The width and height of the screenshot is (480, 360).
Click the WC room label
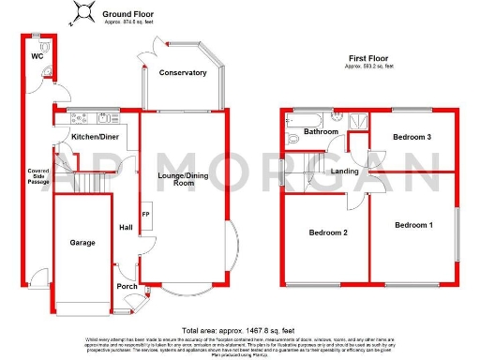pos(37,56)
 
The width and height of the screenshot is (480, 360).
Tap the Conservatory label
pos(182,72)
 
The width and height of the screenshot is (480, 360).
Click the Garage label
pos(82,242)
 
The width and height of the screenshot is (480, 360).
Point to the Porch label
pos(127,286)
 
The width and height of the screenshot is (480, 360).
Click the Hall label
pos(125,227)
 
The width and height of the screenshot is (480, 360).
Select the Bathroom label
pos(321,132)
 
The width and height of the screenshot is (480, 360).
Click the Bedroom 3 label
pos(412,138)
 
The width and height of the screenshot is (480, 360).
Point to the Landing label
pos(342,171)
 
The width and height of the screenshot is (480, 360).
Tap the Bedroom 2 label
pos(328,232)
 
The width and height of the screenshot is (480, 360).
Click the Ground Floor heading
pos(129,15)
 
